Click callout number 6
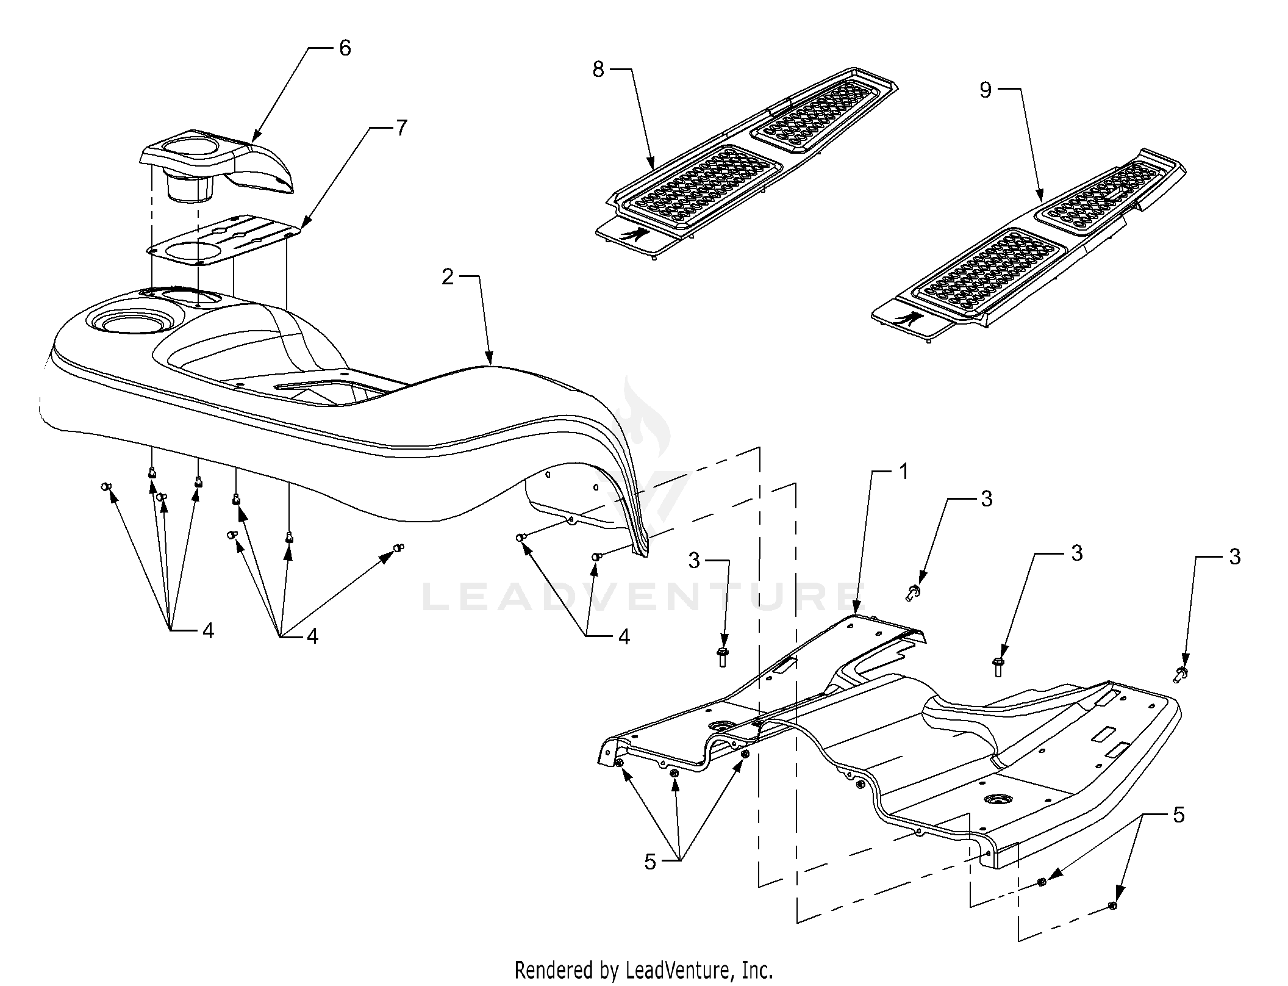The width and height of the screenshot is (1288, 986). click(x=345, y=48)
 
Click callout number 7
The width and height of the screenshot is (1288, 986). click(x=401, y=129)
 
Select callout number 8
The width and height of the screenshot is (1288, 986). click(x=598, y=70)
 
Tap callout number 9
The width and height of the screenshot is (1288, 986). click(x=986, y=90)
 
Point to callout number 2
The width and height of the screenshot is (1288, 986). click(x=448, y=277)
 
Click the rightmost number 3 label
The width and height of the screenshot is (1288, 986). click(x=1235, y=557)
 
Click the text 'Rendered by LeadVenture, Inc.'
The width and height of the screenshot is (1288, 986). click(x=644, y=970)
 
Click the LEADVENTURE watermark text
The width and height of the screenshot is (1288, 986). click(x=637, y=597)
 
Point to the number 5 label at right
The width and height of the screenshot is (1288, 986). click(x=1178, y=815)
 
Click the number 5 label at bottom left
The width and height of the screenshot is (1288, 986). click(x=651, y=862)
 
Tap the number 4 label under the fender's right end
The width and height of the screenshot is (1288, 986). click(x=624, y=637)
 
